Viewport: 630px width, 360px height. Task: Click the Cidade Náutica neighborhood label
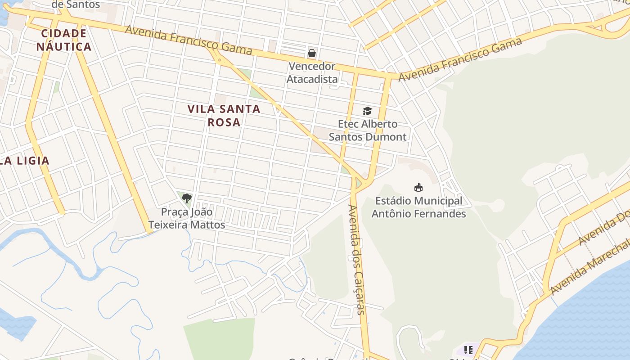[64, 40]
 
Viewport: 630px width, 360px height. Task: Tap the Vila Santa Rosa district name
[224, 115]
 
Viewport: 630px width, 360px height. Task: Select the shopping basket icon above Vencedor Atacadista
[312, 53]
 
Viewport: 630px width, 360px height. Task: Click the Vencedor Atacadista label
[312, 73]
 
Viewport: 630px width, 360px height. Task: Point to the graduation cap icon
[368, 111]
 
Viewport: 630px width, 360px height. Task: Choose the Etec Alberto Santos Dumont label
[368, 130]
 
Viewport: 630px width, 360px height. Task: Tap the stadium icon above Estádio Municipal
[418, 187]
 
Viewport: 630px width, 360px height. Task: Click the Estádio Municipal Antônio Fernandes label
[418, 207]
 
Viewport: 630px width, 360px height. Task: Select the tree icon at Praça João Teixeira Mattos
[187, 198]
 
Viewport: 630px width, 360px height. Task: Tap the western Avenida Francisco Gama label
[188, 40]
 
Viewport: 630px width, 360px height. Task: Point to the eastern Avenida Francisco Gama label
[460, 59]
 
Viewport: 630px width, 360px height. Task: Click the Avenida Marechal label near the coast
[589, 268]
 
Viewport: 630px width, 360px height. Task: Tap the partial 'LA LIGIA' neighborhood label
[25, 161]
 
